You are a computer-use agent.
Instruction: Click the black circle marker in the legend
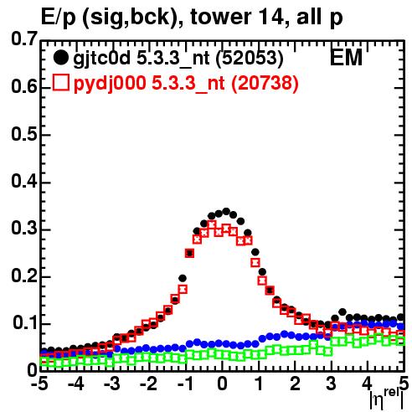click(x=60, y=58)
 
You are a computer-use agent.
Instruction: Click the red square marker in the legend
click(x=61, y=83)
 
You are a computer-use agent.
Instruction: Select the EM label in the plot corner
click(x=346, y=58)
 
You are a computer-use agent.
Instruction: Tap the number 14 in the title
click(x=267, y=17)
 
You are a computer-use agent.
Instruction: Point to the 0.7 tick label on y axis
click(x=24, y=39)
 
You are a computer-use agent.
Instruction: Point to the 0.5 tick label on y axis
click(x=24, y=135)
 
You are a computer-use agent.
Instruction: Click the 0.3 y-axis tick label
click(x=24, y=229)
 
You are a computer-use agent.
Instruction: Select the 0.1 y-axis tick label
click(x=24, y=323)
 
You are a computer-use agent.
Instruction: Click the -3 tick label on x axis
click(x=111, y=384)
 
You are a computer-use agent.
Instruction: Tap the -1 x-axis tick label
click(x=186, y=384)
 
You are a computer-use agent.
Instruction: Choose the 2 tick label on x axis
click(x=295, y=384)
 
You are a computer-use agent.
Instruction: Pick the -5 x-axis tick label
click(x=39, y=384)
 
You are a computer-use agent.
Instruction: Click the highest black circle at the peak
click(x=226, y=211)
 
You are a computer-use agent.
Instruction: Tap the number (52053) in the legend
click(x=250, y=58)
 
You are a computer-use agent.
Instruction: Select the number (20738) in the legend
click(x=265, y=83)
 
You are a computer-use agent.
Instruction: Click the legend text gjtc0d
click(x=101, y=59)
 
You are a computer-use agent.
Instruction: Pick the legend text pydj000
click(x=110, y=84)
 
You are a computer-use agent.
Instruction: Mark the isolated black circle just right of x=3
click(x=342, y=312)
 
